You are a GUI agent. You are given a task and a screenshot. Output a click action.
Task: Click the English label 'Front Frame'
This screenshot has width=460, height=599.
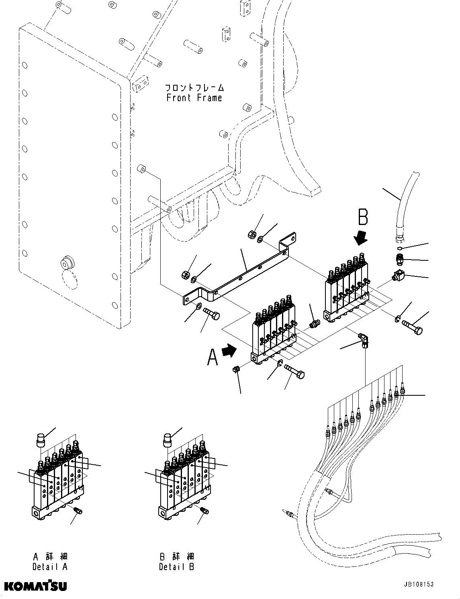pyautogui.click(x=194, y=98)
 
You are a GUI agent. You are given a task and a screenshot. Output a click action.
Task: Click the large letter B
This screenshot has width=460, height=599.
pyautogui.click(x=362, y=218)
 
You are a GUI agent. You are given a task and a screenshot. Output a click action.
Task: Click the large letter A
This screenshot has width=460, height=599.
pyautogui.click(x=213, y=357)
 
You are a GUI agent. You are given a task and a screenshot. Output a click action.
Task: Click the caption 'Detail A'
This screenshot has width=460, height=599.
pyautogui.click(x=50, y=567)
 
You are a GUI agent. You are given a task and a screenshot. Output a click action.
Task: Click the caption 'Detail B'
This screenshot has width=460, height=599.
pyautogui.click(x=176, y=567)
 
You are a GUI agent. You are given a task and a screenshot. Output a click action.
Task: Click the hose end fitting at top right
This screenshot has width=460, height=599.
pyautogui.click(x=400, y=238)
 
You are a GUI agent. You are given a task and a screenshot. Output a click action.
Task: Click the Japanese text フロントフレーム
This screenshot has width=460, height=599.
pyautogui.click(x=194, y=87)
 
